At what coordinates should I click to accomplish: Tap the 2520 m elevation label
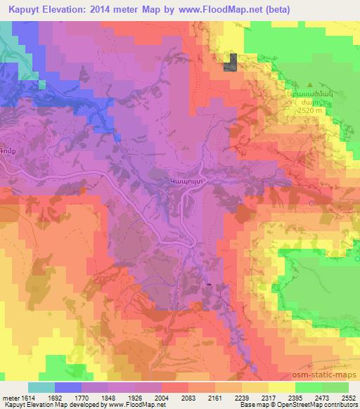coord(309,110)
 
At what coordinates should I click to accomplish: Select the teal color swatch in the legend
coord(41,387)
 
